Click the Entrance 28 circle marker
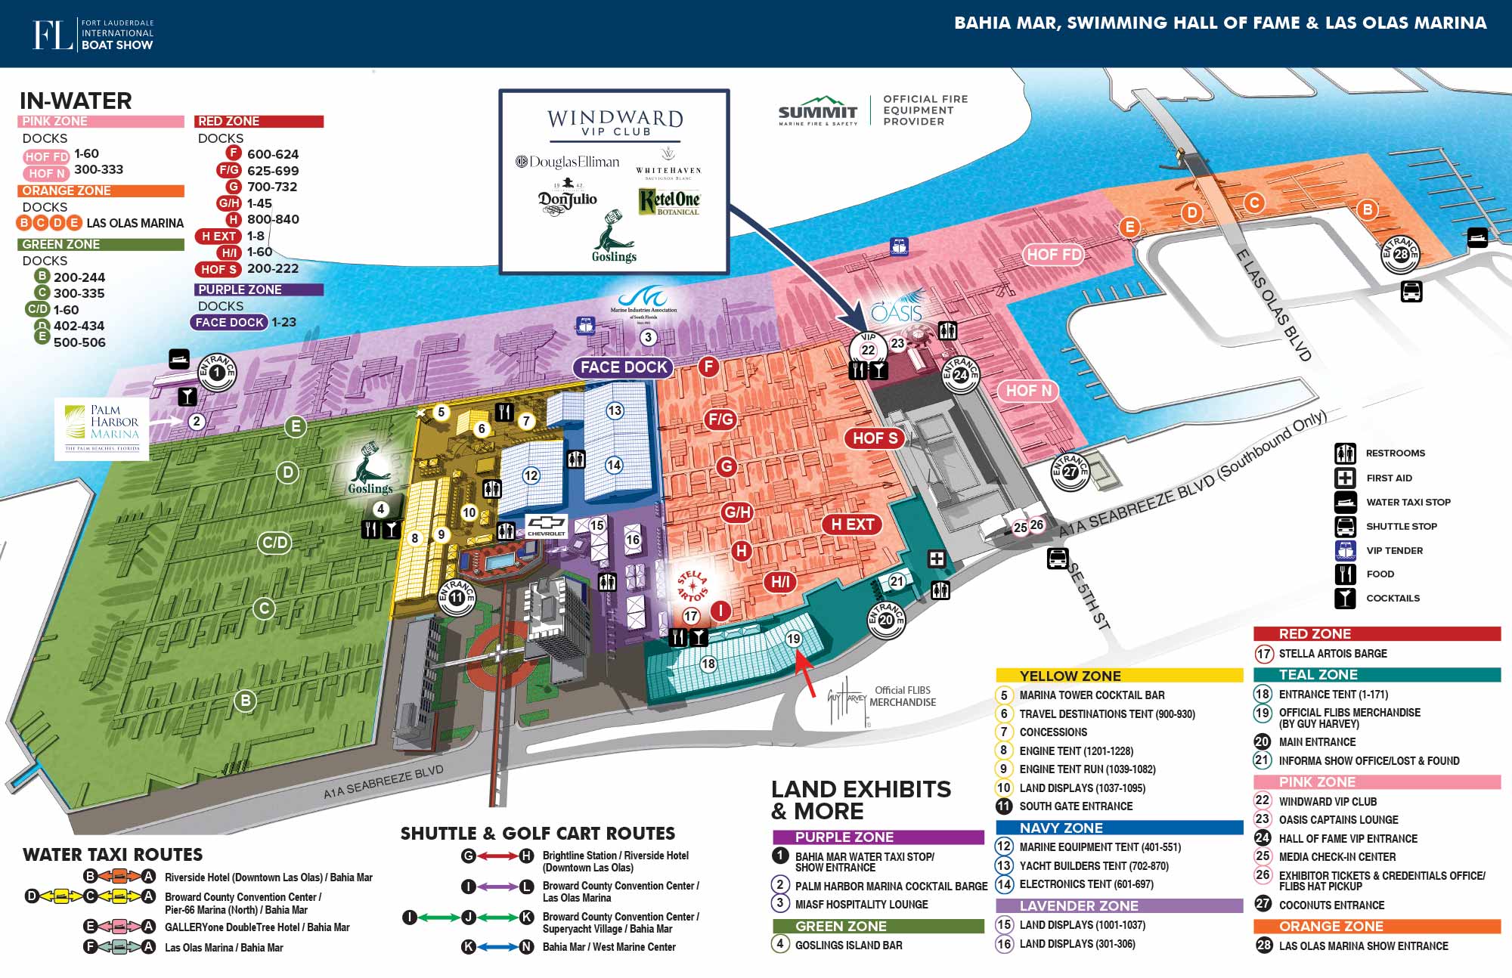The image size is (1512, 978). coord(1401,254)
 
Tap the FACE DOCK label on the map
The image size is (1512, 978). coord(624,367)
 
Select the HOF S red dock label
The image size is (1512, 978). coord(875,438)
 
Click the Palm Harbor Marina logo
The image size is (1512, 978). coord(103,429)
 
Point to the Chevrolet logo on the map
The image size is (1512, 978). coord(546,525)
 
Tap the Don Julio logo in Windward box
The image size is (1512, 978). coord(567,199)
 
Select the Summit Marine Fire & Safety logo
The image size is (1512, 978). coord(817,111)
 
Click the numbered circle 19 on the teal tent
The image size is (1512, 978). coord(793,639)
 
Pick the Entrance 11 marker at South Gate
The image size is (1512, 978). coord(457,596)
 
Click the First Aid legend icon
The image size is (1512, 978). coord(1345,478)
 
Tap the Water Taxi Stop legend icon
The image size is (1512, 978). coord(1345,502)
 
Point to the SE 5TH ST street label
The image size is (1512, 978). coord(1089,597)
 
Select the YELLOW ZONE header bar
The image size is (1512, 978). coord(1119,676)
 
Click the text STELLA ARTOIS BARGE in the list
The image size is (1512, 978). coord(1332,654)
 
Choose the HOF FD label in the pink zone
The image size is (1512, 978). coord(1053,255)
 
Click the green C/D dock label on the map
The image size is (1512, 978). coord(274,543)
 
